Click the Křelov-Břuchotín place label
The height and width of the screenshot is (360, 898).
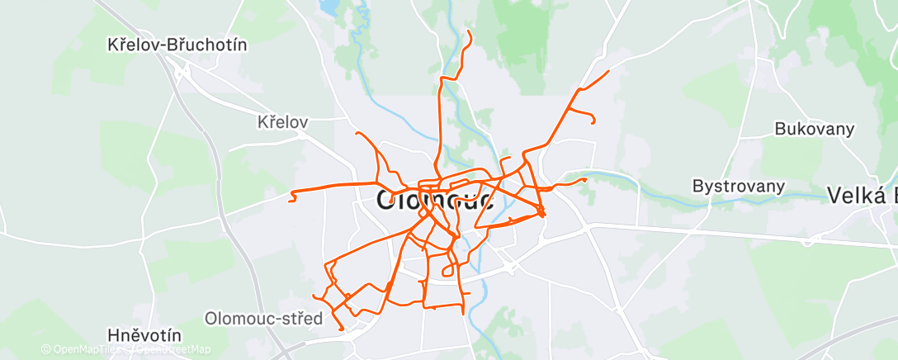point(177,45)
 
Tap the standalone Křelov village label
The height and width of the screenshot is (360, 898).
point(282,122)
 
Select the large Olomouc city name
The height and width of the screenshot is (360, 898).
point(436,199)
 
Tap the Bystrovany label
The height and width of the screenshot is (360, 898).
point(737,186)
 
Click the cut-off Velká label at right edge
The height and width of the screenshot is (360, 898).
point(863,195)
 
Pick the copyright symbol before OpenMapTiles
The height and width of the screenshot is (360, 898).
point(46,350)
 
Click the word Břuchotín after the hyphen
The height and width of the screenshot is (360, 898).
point(207,45)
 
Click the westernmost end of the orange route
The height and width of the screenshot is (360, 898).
point(291,198)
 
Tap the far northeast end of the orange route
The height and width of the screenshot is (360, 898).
point(608,72)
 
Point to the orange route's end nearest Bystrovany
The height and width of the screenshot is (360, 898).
point(585,178)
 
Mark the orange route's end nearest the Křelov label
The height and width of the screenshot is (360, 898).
point(356,133)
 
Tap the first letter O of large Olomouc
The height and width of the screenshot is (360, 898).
point(389,200)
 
